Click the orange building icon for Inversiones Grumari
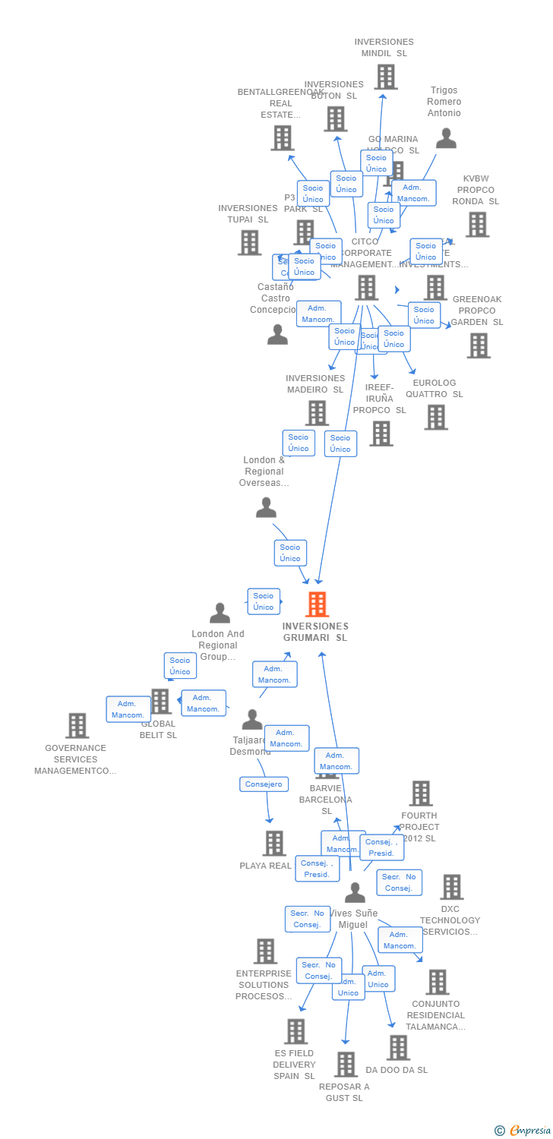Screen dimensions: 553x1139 tap(317, 604)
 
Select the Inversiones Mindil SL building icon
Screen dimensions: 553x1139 tap(385, 77)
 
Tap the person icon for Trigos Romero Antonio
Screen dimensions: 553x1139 tap(446, 138)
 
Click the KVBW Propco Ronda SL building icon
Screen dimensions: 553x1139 tap(476, 225)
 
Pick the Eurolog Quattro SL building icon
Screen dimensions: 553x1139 tap(435, 417)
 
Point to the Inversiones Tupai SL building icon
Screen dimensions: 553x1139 tap(249, 242)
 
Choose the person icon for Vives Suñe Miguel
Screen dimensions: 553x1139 tap(355, 892)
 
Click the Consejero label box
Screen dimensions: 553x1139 tap(263, 784)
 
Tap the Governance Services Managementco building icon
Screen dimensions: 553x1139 tap(77, 726)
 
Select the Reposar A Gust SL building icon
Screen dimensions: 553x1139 tap(346, 1065)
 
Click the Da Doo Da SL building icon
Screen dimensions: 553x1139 tap(397, 1048)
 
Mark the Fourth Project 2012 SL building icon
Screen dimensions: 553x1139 tap(420, 794)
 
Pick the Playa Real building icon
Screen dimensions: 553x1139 tap(273, 843)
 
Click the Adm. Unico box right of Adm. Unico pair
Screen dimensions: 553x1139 tap(378, 979)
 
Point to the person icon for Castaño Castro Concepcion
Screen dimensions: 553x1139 tap(277, 335)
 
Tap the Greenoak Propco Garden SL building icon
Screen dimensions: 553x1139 tap(478, 345)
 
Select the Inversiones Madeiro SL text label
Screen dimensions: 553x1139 tap(314, 384)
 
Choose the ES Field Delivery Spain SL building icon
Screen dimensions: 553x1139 tap(295, 1031)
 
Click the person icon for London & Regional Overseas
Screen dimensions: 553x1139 tap(266, 508)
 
